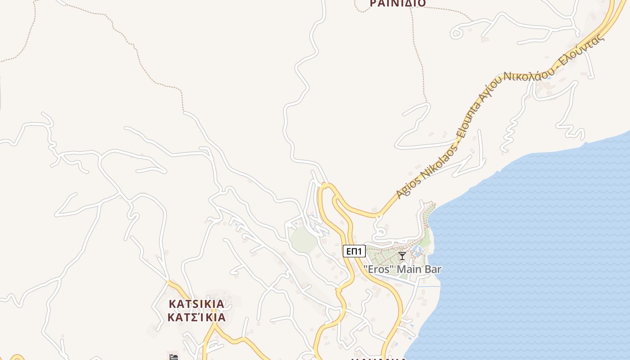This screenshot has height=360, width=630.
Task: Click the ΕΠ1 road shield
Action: [354, 251]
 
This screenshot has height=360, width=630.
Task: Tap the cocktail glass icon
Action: [402, 256]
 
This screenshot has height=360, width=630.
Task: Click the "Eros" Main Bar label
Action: [402, 269]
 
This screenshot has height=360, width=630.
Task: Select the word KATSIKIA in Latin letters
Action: [196, 304]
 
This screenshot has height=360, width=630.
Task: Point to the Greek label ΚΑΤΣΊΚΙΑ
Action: [196, 317]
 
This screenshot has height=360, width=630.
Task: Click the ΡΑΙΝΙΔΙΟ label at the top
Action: [398, 4]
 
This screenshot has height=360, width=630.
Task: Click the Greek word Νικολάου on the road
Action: [526, 72]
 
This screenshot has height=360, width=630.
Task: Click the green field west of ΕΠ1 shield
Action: [303, 239]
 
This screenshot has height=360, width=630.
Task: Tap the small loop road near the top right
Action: [456, 33]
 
